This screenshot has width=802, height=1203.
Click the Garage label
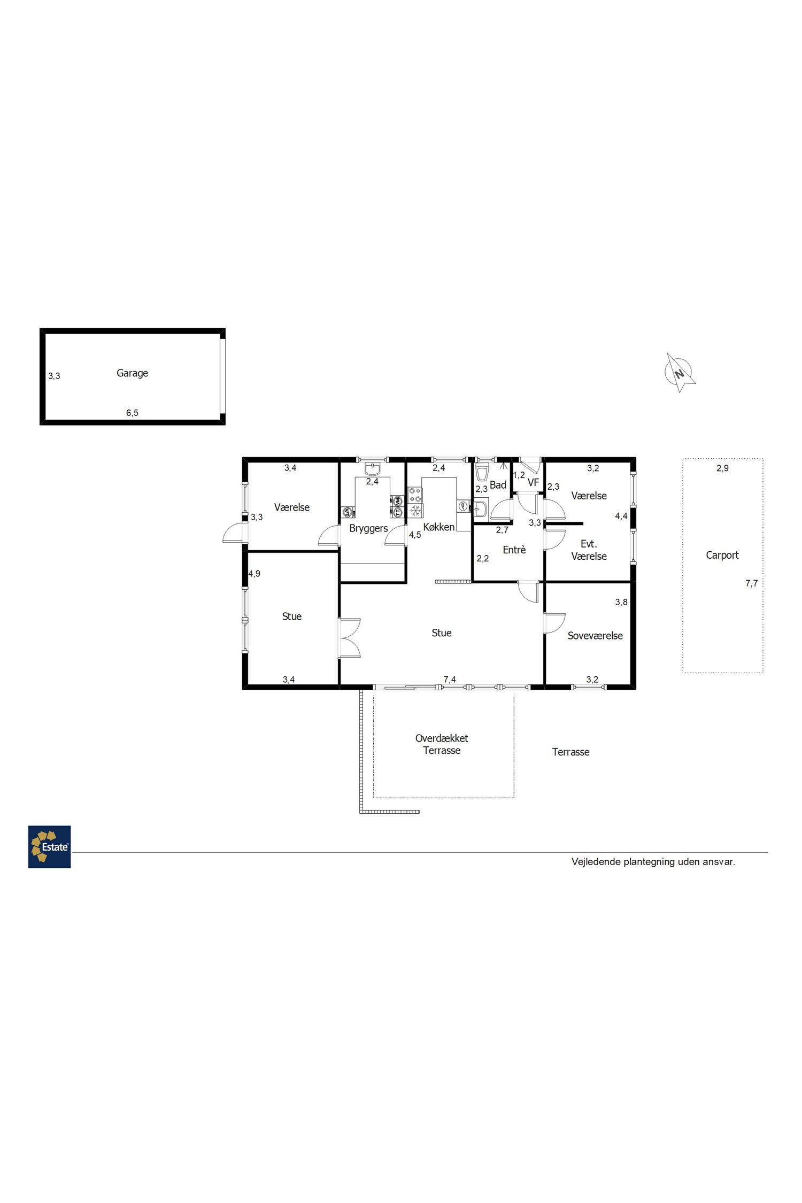132,373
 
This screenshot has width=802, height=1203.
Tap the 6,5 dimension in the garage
132,413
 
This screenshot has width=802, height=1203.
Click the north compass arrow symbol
680,372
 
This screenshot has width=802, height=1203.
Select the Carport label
722,555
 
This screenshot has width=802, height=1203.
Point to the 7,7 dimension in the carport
751,583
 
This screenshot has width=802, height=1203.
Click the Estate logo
49,847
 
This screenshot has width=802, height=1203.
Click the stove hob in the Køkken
415,495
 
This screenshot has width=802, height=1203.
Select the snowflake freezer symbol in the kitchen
415,511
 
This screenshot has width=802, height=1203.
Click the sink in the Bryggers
372,469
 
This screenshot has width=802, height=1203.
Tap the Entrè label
514,550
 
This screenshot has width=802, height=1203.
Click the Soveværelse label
595,636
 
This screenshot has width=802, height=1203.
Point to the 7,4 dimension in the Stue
450,680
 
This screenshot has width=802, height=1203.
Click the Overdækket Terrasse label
442,744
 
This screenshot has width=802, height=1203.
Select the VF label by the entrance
533,483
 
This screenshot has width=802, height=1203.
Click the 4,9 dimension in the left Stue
255,574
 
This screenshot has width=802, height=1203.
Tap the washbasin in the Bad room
481,508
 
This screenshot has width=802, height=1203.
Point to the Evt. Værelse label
589,550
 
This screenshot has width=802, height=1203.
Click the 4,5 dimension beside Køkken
415,535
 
